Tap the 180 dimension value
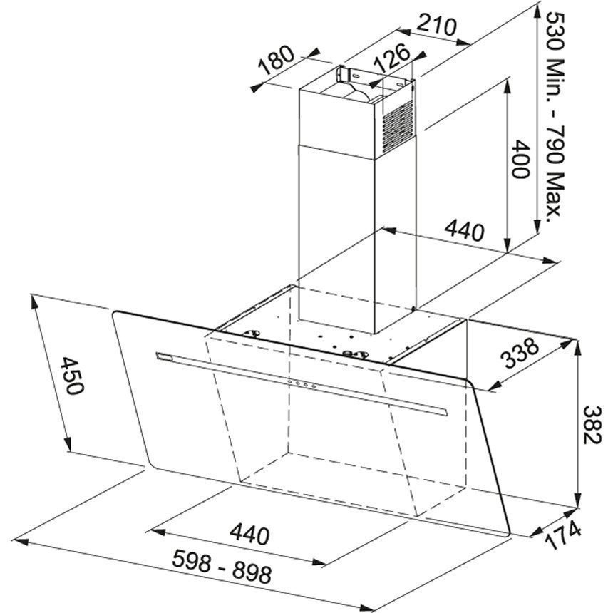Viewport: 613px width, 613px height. coord(277,60)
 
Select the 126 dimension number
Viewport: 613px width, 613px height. coord(392,58)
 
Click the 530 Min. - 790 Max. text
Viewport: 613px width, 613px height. coord(555,117)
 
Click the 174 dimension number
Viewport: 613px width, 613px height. coord(562,535)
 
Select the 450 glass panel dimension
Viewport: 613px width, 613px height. coord(71,376)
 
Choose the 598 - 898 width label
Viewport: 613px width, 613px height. coord(222,566)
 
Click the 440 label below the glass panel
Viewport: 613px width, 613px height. coord(249,535)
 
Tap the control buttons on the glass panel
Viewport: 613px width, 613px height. coord(301,384)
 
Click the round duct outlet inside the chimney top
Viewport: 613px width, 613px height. coord(358,92)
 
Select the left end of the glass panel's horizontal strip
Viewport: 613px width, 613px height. coord(156,356)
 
